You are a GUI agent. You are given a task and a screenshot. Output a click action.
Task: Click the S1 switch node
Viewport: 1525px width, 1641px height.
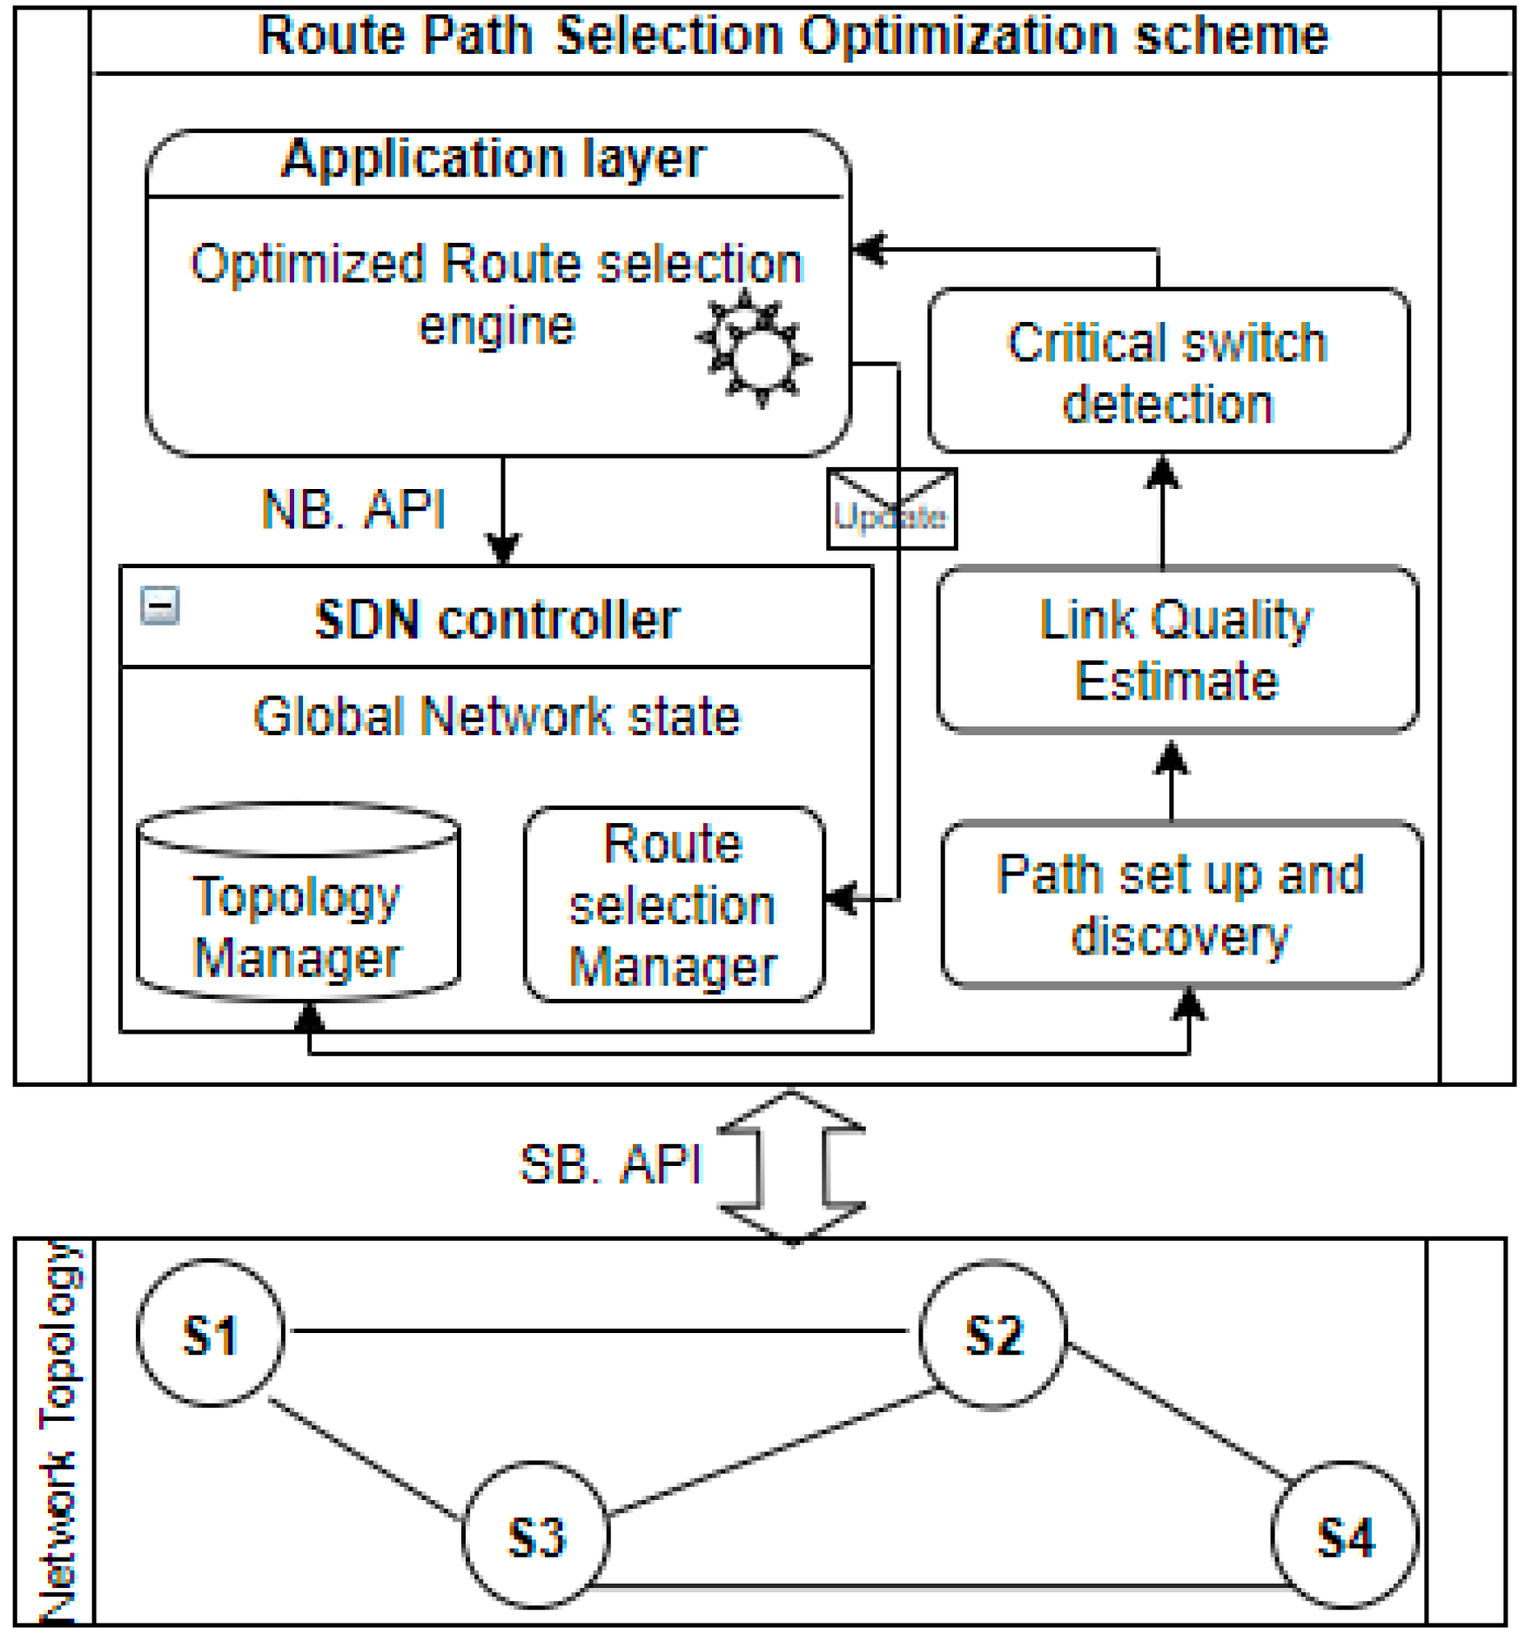click(x=211, y=1334)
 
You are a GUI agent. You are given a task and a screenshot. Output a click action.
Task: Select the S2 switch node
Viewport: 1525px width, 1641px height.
click(x=993, y=1334)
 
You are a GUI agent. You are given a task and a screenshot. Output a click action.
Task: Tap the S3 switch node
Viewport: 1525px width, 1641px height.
click(x=535, y=1536)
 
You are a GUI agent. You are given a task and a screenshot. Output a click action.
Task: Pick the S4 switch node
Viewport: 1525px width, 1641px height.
click(x=1345, y=1536)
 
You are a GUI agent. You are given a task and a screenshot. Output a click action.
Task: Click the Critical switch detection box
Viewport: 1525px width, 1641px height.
click(x=1168, y=372)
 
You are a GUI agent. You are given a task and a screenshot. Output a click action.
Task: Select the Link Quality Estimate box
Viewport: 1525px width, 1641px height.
click(x=1177, y=650)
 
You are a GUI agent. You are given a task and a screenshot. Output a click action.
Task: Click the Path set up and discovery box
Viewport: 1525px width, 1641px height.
click(x=1181, y=905)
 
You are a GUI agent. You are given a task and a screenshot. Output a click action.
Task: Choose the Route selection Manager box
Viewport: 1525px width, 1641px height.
click(x=674, y=905)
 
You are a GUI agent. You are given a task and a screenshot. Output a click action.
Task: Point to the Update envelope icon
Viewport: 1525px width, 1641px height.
click(x=891, y=509)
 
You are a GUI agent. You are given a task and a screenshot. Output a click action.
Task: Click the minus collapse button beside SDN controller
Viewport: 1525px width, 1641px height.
click(x=160, y=606)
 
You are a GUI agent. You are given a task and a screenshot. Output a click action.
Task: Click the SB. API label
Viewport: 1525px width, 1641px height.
click(x=609, y=1164)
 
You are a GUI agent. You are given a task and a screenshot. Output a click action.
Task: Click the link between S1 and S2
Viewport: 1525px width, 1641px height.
click(x=601, y=1330)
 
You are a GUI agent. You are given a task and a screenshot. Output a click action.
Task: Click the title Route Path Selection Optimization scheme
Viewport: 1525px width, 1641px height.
click(x=792, y=37)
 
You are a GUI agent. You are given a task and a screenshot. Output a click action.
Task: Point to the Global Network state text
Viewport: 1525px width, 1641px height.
click(x=496, y=717)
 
